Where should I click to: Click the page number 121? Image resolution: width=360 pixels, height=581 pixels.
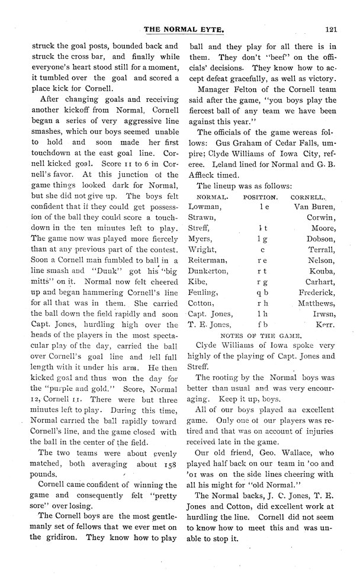click(x=330, y=27)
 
